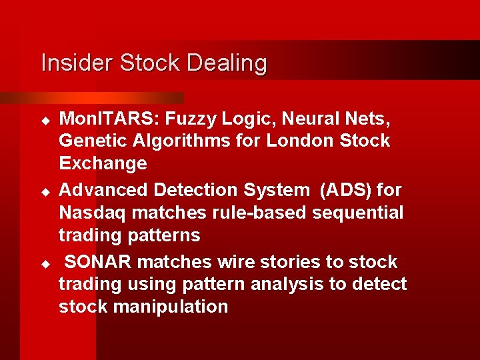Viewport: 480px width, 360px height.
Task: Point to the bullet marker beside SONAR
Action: point(45,263)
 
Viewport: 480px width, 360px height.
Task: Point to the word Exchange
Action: point(103,163)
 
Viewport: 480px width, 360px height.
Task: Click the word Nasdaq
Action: point(95,213)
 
